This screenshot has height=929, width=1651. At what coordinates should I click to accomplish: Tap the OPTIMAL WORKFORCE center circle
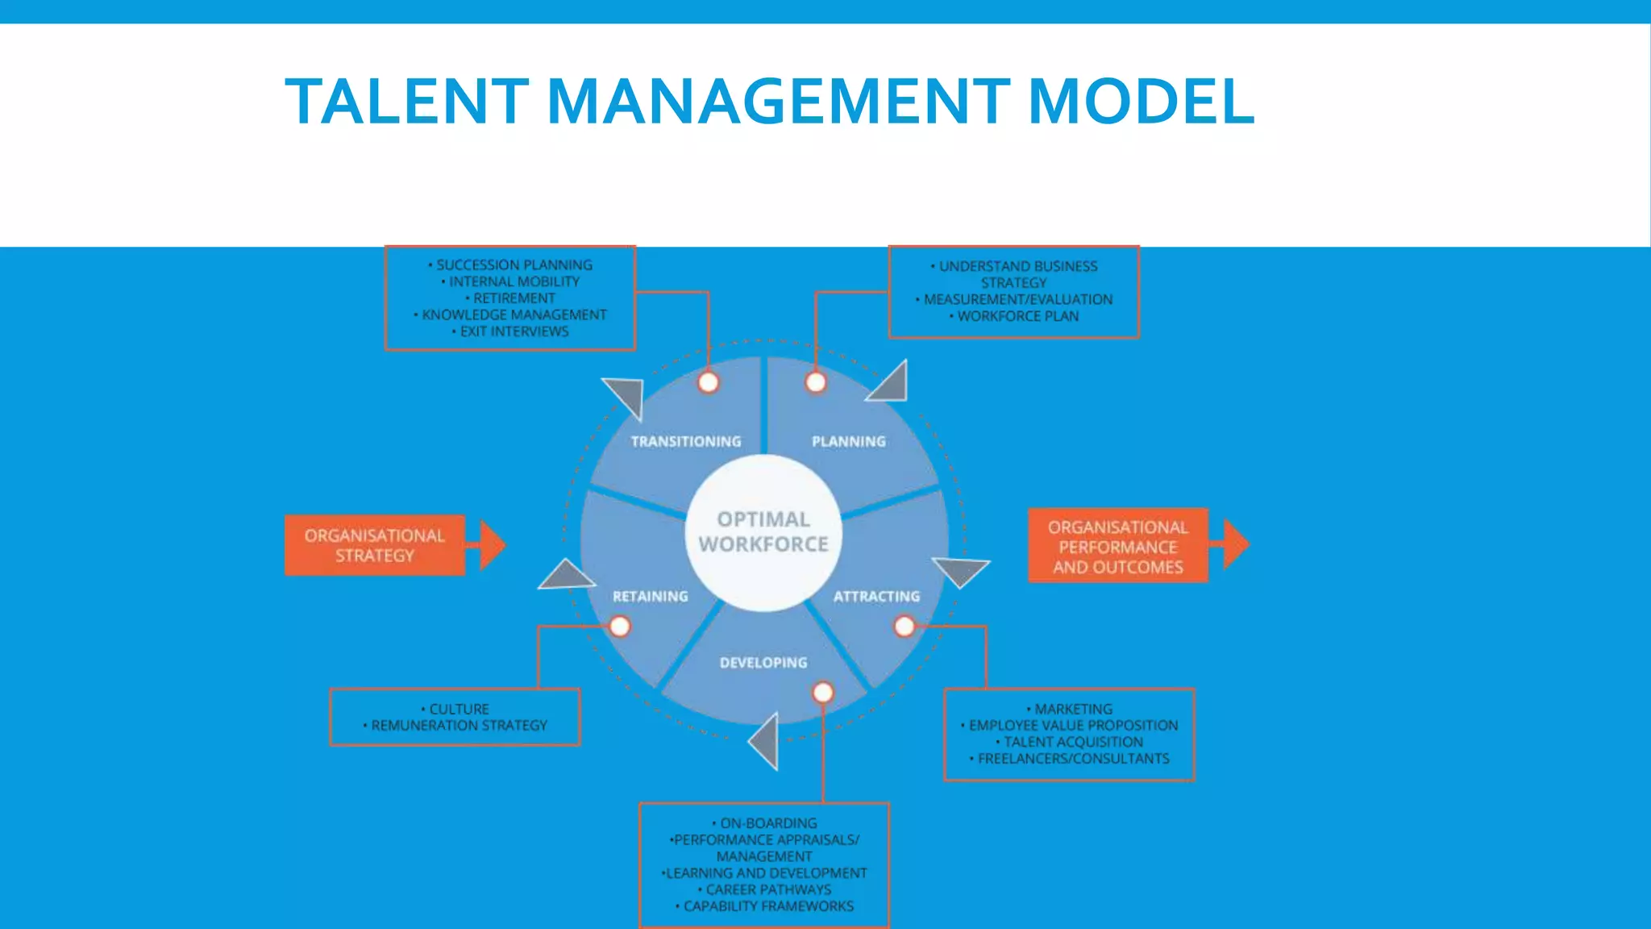(763, 532)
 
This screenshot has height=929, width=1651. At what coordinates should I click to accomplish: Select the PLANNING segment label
(848, 442)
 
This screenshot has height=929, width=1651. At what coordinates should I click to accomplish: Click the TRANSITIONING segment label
(685, 442)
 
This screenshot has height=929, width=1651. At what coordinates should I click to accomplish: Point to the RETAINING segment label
(650, 597)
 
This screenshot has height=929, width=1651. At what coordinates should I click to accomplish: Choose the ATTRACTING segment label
(876, 597)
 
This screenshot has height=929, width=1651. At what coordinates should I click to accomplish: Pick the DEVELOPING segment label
(763, 663)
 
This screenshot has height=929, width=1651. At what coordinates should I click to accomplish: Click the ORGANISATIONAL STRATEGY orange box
(375, 546)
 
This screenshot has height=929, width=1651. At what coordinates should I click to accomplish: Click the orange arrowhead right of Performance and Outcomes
(1235, 545)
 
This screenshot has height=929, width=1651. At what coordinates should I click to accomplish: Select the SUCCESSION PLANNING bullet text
(514, 265)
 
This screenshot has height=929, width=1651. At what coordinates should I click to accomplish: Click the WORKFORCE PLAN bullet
(1017, 316)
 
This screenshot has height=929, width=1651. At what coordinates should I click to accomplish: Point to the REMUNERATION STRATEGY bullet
(459, 726)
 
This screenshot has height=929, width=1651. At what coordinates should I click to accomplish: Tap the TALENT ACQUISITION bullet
(1073, 742)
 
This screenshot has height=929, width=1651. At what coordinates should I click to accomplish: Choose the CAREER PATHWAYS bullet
(767, 889)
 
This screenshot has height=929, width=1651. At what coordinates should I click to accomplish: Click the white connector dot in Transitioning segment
(709, 382)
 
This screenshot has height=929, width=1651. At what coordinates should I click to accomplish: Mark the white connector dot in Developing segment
(823, 693)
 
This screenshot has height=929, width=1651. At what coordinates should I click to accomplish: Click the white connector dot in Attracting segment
(905, 627)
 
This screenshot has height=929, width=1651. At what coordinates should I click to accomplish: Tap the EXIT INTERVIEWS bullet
(514, 331)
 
